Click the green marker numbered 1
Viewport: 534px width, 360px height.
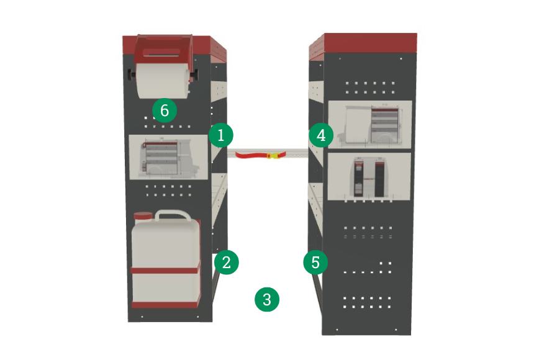[220, 135]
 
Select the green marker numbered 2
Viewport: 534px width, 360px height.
[227, 263]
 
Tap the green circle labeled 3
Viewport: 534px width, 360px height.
[267, 300]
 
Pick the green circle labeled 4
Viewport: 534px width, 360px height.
[321, 135]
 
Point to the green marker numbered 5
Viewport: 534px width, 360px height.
[315, 263]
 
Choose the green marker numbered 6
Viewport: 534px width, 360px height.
[165, 110]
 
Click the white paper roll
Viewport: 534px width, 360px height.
[163, 81]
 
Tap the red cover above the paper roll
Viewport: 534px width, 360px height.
[163, 50]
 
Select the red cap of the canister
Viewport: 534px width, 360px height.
[143, 216]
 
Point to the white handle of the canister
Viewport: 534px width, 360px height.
[173, 215]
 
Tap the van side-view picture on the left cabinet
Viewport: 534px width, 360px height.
[168, 156]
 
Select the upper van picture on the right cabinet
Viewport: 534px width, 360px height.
[370, 124]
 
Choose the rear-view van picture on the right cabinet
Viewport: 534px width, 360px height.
[369, 176]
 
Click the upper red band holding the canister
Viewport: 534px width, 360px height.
[165, 270]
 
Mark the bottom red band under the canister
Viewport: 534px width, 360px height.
[166, 305]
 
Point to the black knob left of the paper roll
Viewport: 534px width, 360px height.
[132, 74]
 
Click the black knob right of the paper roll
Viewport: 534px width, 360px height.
[194, 74]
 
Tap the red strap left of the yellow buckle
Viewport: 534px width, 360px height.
[251, 156]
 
